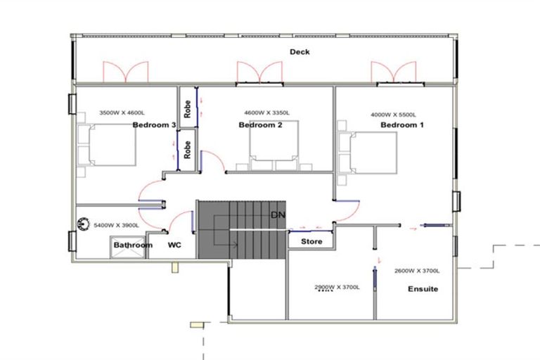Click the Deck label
(x=300, y=52)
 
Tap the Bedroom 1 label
(x=402, y=125)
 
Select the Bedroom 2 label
(x=260, y=125)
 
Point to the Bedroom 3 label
(x=154, y=125)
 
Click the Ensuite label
(x=423, y=288)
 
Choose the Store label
(x=311, y=242)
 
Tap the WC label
(x=175, y=245)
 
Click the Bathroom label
(x=134, y=245)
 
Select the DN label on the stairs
(x=277, y=214)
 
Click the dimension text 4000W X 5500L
(x=394, y=115)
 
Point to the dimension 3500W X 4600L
(x=122, y=112)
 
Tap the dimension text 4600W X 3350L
(x=266, y=112)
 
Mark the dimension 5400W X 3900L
(x=117, y=225)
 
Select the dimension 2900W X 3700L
(x=336, y=287)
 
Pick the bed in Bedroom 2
(x=275, y=146)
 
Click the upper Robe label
(x=188, y=108)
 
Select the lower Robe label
(x=188, y=150)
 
